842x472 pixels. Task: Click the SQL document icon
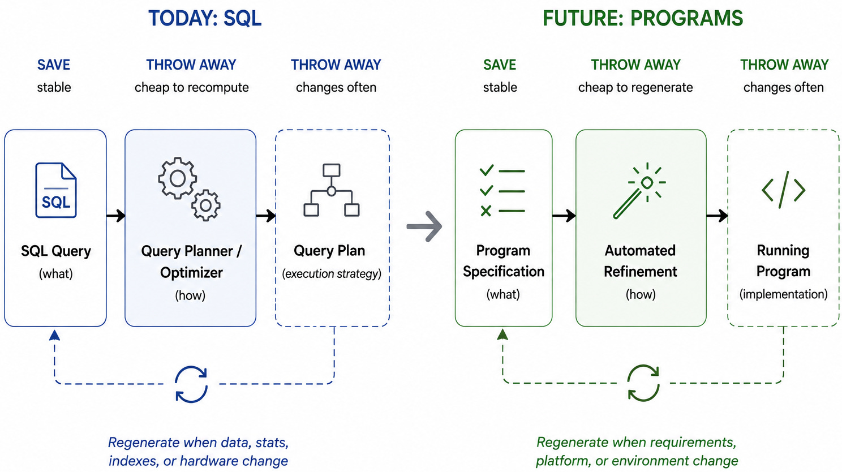pyautogui.click(x=56, y=190)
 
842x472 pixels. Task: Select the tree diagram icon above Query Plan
pyautogui.click(x=331, y=190)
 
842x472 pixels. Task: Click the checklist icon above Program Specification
pyautogui.click(x=502, y=191)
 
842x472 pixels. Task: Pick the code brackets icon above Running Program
pyautogui.click(x=783, y=190)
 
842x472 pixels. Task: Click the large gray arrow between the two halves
pyautogui.click(x=424, y=226)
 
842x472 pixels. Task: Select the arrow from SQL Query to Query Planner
pyautogui.click(x=116, y=216)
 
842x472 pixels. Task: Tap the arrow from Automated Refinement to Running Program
pyautogui.click(x=717, y=216)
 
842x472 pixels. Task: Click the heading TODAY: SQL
pyautogui.click(x=205, y=18)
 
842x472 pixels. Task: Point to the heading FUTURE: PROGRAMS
pyautogui.click(x=643, y=18)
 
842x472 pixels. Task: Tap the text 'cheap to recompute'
pyautogui.click(x=192, y=87)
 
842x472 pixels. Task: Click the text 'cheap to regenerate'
pyautogui.click(x=635, y=87)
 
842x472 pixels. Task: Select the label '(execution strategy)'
pyautogui.click(x=332, y=273)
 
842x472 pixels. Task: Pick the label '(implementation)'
pyautogui.click(x=783, y=294)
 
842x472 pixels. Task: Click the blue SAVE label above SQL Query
pyautogui.click(x=54, y=65)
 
